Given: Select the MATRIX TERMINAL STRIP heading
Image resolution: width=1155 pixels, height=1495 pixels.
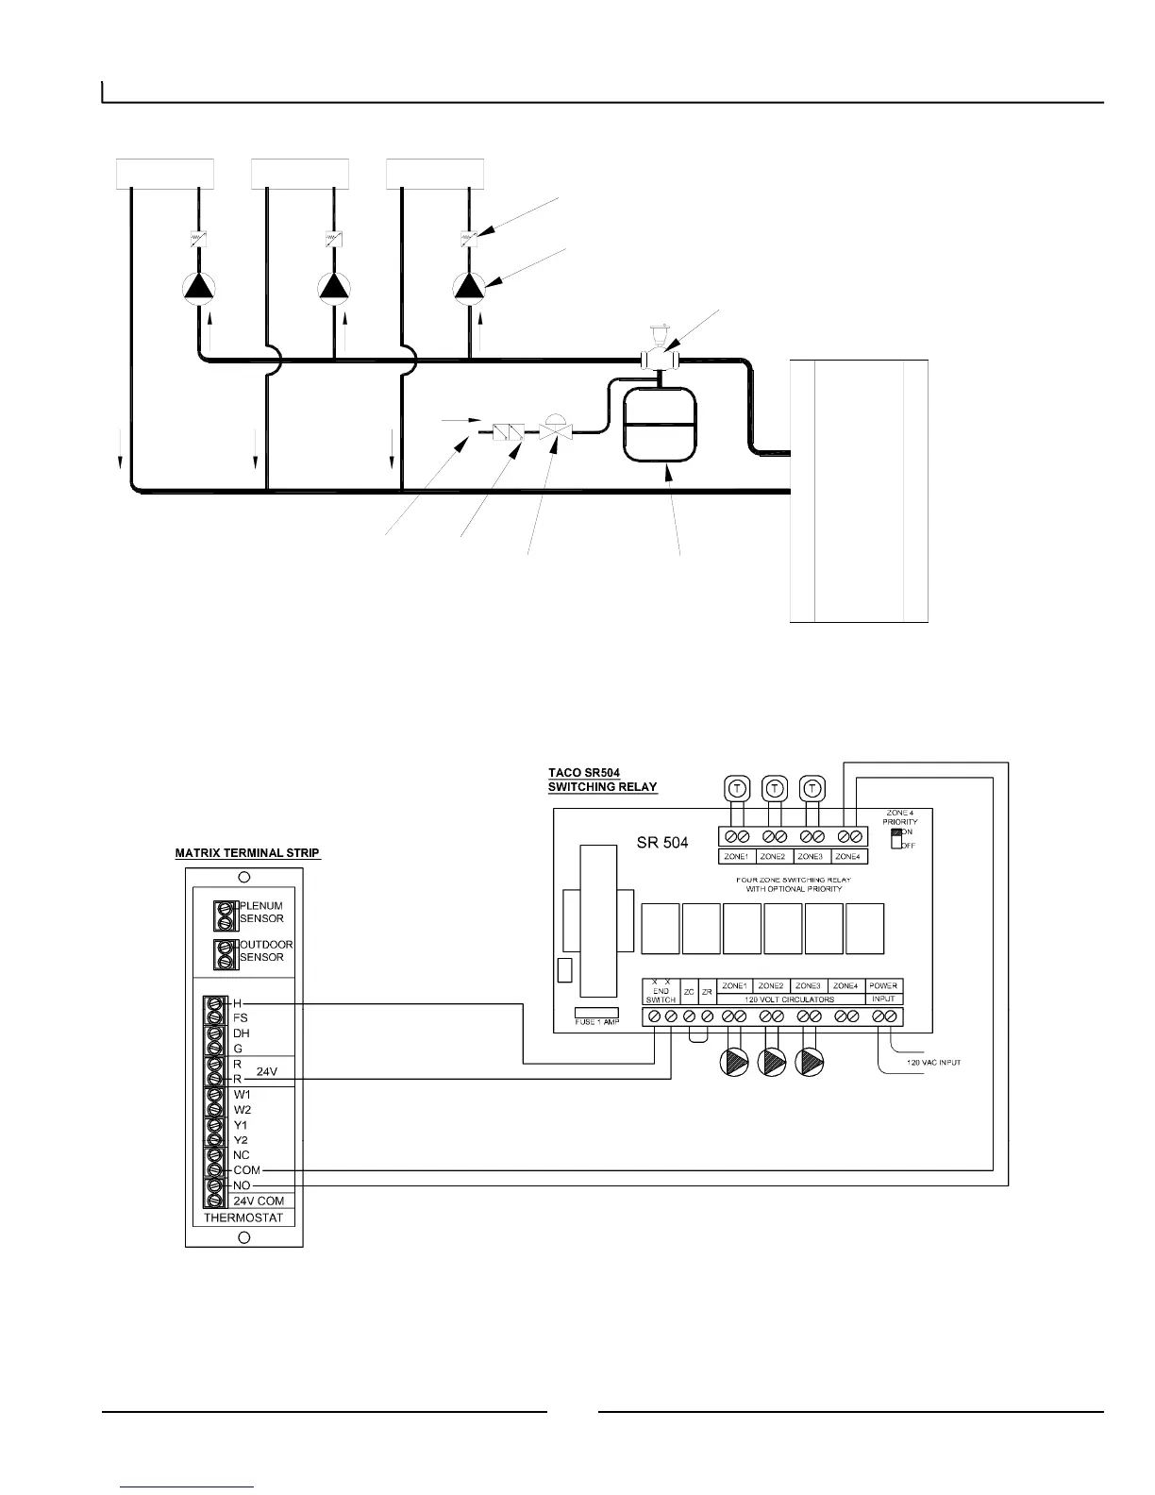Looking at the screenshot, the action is pyautogui.click(x=247, y=853).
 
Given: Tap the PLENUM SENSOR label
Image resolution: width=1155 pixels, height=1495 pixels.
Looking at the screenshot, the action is pyautogui.click(x=261, y=912).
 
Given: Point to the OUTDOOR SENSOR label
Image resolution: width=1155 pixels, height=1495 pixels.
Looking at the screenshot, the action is pyautogui.click(x=265, y=950).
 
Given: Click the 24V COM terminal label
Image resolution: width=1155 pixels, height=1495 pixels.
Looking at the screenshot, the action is pyautogui.click(x=258, y=1201).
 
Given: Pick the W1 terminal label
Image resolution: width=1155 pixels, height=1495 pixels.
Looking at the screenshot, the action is pyautogui.click(x=242, y=1095).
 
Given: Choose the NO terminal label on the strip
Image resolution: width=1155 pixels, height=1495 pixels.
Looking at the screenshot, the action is pyautogui.click(x=243, y=1185).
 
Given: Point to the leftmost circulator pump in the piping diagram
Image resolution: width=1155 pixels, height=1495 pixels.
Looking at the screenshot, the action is pyautogui.click(x=199, y=287).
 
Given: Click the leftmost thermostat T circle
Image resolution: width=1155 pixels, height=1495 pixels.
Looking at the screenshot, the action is pyautogui.click(x=735, y=786).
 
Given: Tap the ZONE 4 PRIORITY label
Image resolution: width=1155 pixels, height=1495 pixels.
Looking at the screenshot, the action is pyautogui.click(x=898, y=817).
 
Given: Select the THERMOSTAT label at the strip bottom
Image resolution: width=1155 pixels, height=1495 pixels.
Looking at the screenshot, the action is pyautogui.click(x=243, y=1218).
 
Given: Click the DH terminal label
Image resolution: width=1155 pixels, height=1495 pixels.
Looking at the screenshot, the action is pyautogui.click(x=242, y=1033).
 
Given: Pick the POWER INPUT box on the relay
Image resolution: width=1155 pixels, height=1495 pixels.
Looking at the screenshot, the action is pyautogui.click(x=883, y=991).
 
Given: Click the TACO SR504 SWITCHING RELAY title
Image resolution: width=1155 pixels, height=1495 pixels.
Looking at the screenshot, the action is pyautogui.click(x=602, y=780).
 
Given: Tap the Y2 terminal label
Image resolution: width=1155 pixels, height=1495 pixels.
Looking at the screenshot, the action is pyautogui.click(x=242, y=1140).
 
